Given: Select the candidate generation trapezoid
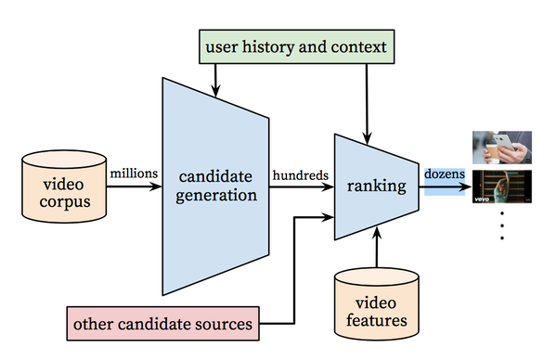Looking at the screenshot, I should tap(215, 186).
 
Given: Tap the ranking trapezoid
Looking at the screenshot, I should tap(376, 186).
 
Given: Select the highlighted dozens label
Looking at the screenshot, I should tap(445, 174).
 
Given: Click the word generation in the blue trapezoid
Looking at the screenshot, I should tap(215, 196).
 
